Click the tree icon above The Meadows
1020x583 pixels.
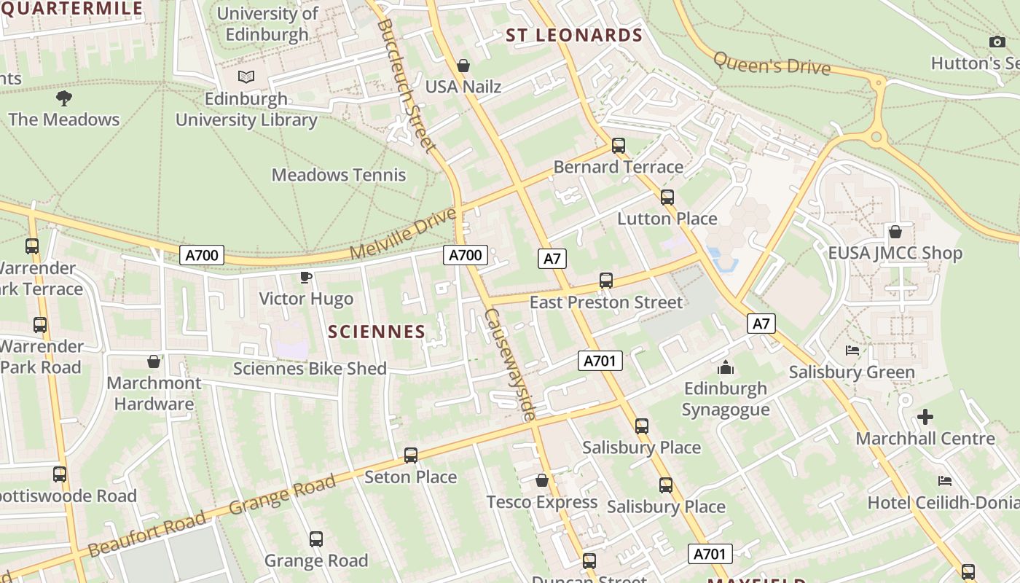tap(64, 98)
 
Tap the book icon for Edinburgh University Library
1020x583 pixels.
tap(247, 77)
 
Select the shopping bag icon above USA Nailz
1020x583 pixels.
tap(463, 66)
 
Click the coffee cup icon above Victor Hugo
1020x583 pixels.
tap(306, 277)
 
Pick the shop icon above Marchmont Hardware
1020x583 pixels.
tap(154, 361)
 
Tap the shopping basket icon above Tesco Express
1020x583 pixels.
tap(541, 480)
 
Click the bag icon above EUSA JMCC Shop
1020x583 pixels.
tap(895, 232)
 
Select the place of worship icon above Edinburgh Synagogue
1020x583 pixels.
tap(726, 367)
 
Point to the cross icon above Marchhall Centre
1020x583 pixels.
tap(925, 417)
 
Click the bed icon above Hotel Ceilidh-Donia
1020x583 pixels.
tap(945, 481)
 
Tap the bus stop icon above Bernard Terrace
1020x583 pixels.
tap(619, 146)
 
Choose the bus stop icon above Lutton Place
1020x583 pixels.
tap(667, 197)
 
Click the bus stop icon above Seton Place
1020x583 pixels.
tap(411, 455)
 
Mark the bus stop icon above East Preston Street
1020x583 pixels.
tap(606, 281)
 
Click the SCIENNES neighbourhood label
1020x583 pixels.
tap(377, 332)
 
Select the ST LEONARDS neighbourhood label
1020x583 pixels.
tap(574, 35)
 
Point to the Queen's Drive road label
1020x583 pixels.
tap(772, 63)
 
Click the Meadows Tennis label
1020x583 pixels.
tap(339, 175)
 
